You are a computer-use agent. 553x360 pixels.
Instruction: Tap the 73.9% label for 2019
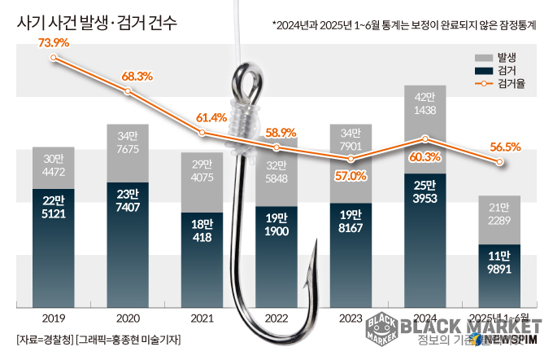coord(54,42)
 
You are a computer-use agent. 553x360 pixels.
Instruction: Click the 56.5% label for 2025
coord(504,147)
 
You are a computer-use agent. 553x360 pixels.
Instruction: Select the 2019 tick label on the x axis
coord(53,318)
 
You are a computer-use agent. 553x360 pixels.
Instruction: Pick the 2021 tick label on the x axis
coord(201,318)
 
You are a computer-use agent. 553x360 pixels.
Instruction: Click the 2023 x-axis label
coord(350,318)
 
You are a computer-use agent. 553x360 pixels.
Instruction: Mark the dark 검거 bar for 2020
coord(128,244)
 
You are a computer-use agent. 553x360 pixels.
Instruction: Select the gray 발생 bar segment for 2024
coord(425,122)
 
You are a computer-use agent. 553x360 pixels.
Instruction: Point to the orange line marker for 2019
coord(54,58)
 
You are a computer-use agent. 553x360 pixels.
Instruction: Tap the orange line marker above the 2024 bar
coord(425,139)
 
